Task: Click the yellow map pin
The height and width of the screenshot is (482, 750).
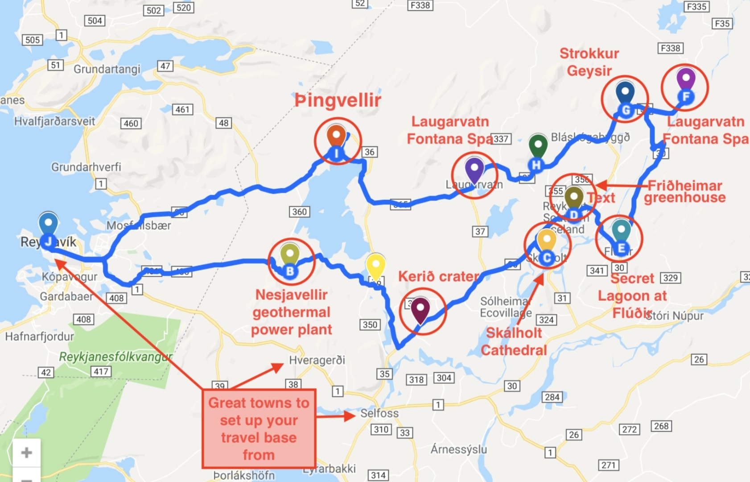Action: coord(375,266)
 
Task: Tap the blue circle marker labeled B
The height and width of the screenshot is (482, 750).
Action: coord(290,270)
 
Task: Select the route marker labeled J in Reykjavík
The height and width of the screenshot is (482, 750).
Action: coord(48,241)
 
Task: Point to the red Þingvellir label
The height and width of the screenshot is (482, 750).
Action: coord(338,100)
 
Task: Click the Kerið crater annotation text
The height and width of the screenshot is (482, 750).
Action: coord(438,277)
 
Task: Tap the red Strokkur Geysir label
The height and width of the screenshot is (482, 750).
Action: coord(589,62)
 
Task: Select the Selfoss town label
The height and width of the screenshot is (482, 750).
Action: coord(379,413)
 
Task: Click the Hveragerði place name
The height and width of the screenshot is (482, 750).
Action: coord(317,360)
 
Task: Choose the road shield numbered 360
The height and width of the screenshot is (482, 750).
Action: coord(299,212)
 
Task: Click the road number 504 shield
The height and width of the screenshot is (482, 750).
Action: coord(95,21)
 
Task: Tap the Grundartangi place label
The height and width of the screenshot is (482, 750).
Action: coord(107,69)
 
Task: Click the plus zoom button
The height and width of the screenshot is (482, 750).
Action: coord(26,453)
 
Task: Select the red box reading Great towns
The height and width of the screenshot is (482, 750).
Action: coord(259,428)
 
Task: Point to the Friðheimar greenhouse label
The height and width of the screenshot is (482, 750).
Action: coord(684,191)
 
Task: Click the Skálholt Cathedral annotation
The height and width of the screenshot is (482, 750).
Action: coord(514,341)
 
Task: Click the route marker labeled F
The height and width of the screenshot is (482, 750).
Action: coord(686,96)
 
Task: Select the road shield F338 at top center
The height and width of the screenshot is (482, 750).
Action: coord(420,5)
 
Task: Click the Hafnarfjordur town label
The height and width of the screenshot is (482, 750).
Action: coord(39,337)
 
